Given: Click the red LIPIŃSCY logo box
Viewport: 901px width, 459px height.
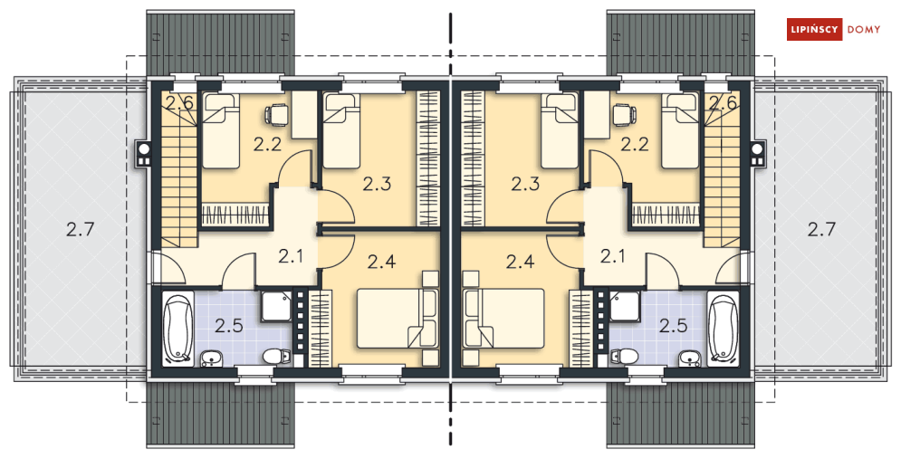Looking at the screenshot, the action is coord(814,29).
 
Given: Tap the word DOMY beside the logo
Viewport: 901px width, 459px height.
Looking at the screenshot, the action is coord(863,30).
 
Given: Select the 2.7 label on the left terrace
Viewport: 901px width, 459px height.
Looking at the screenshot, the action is coord(80,230).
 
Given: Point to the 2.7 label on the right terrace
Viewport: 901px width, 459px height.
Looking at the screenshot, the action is coord(821,230).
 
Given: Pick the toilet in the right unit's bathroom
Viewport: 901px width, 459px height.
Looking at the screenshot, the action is coord(629,356).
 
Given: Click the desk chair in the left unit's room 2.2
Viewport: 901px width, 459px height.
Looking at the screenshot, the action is coord(277,114).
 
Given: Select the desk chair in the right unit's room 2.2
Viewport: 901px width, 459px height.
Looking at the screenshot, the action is coord(624,114).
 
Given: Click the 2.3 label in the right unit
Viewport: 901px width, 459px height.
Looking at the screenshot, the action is coord(525,185).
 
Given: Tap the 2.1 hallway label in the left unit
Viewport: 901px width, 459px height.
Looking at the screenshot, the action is coord(291,257).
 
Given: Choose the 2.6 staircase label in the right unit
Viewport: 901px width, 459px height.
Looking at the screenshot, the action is coord(723,103).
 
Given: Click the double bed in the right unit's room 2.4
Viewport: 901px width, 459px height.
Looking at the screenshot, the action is coord(504,319).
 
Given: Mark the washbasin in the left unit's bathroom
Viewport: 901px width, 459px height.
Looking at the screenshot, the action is coord(212,359).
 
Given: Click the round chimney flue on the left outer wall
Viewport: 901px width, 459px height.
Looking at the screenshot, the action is coord(144,148).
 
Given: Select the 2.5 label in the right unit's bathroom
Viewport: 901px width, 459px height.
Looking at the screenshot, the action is coord(673,326).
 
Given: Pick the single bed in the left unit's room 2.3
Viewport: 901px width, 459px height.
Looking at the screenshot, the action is coord(342,131).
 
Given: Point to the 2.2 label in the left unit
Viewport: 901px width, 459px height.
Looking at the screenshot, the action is coord(267,144).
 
